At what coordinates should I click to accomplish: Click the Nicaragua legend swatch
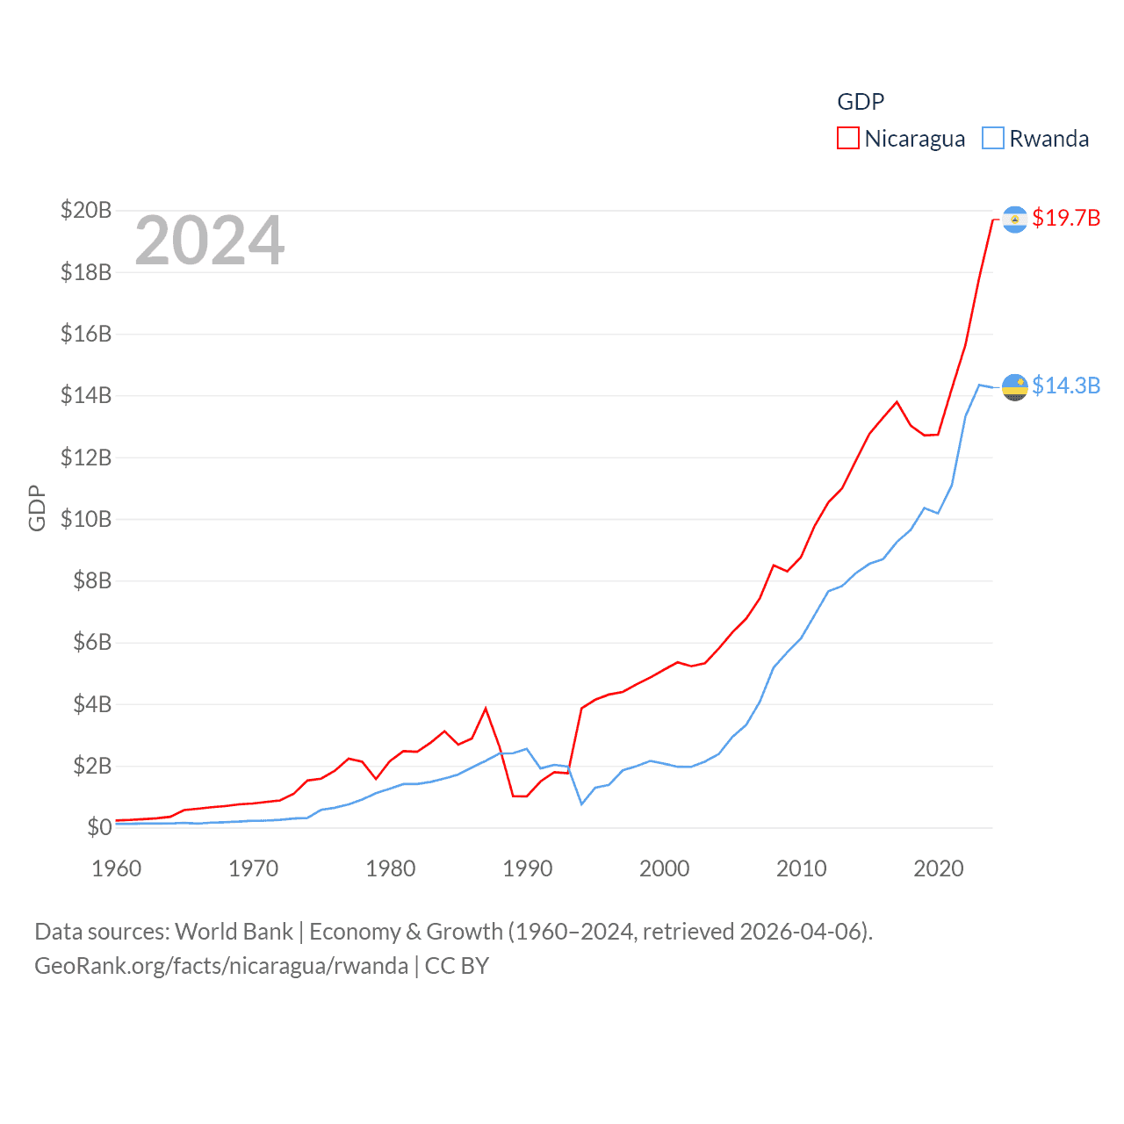(847, 139)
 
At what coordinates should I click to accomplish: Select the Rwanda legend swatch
(992, 139)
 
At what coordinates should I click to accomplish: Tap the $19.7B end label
(1065, 218)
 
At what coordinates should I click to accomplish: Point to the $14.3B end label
(1065, 385)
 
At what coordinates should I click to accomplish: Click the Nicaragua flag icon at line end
(1014, 219)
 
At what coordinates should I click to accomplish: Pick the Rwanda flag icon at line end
(1014, 386)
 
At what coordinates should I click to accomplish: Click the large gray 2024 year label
(209, 241)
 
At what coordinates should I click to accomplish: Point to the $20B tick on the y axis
(86, 211)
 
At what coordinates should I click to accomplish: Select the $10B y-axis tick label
(86, 519)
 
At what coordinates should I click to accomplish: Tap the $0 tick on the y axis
(99, 827)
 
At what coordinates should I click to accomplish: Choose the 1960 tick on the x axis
(116, 868)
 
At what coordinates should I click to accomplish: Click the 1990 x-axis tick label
(527, 868)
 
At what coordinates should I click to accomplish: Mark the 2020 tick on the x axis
(938, 868)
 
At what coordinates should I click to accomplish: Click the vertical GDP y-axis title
(37, 508)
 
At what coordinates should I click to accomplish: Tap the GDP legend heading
(861, 102)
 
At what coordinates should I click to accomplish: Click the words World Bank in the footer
(234, 931)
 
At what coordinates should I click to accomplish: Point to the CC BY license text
(457, 966)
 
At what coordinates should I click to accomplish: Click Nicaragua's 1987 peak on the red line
(486, 709)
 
